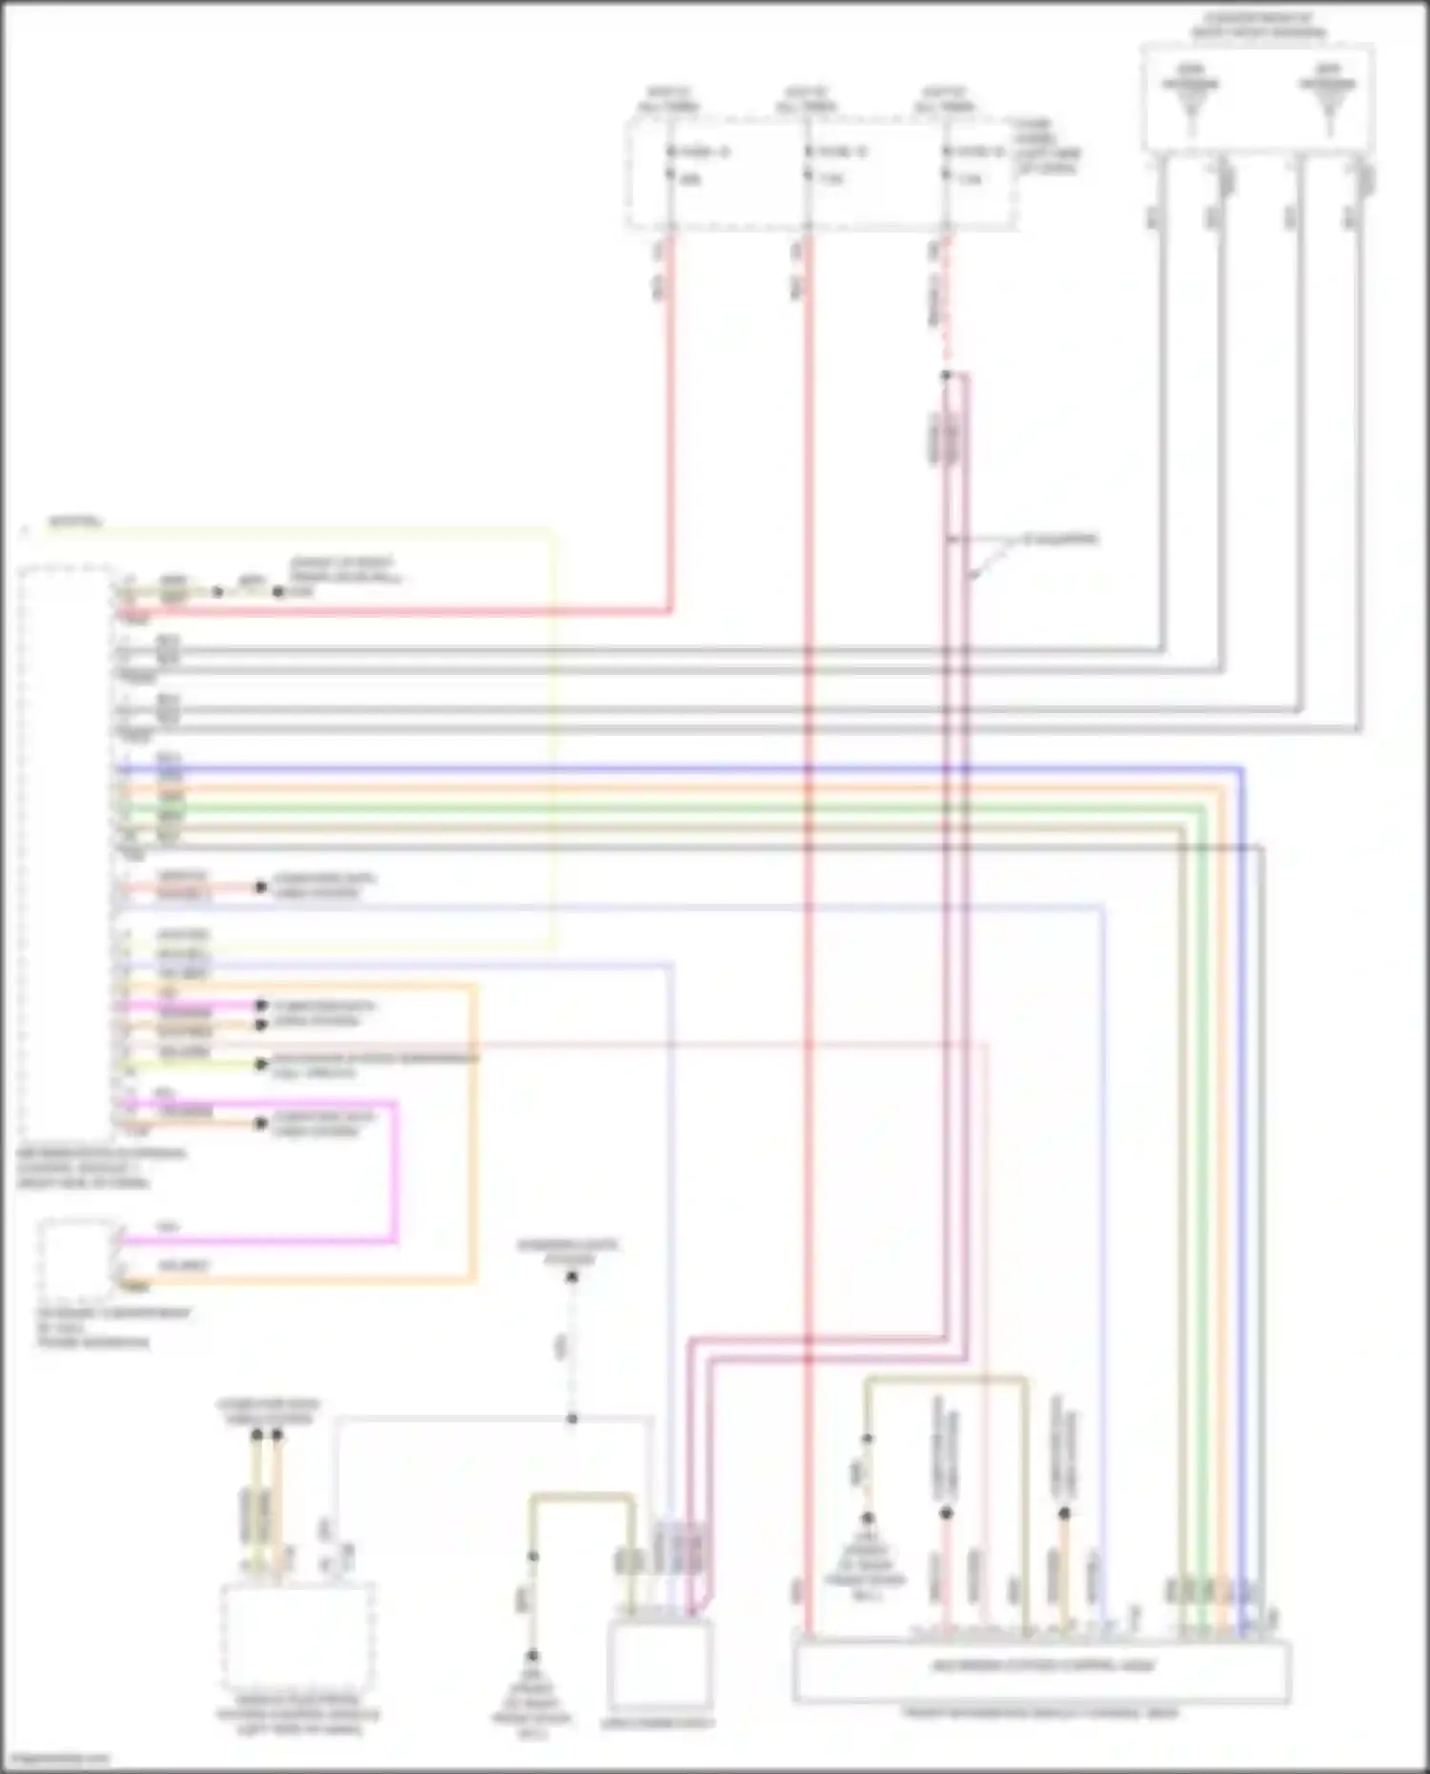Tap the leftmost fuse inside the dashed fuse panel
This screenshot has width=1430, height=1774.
(x=670, y=164)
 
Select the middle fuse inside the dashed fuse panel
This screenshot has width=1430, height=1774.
(x=807, y=164)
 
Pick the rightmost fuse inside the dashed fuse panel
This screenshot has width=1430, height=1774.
(x=946, y=164)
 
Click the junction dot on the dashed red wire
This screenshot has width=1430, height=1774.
(x=946, y=376)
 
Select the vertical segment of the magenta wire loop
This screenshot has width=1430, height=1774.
(x=394, y=1172)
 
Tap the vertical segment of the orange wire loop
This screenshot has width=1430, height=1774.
(x=473, y=1134)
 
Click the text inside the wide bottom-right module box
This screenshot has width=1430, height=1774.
(x=1041, y=1666)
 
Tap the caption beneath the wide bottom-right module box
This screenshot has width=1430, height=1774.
(x=1041, y=1712)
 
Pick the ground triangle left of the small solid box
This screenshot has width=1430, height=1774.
(x=532, y=1687)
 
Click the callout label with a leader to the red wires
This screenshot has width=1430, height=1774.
(x=1059, y=540)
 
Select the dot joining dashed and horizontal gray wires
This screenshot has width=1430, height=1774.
(x=572, y=1418)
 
